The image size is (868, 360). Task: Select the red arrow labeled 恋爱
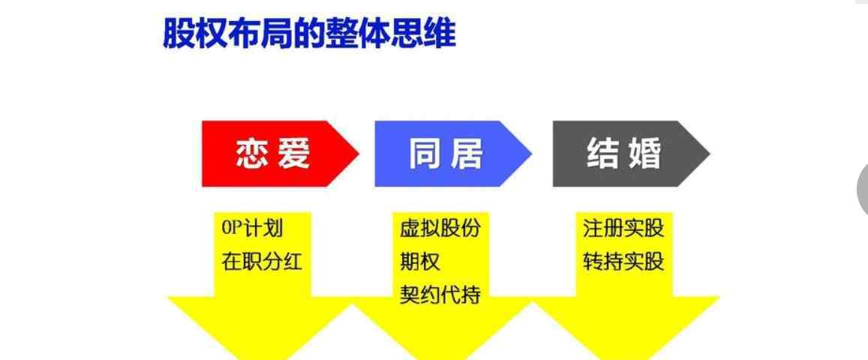click(x=280, y=154)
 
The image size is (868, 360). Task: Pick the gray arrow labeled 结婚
click(x=631, y=154)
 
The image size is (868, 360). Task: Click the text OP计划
click(x=252, y=228)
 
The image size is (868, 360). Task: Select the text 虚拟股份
click(x=440, y=228)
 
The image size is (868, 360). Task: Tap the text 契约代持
click(x=440, y=295)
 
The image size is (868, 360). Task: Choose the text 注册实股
click(x=623, y=228)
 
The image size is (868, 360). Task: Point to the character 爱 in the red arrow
click(x=293, y=154)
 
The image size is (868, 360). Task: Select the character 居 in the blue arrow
click(x=466, y=154)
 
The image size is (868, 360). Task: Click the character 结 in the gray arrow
click(x=603, y=154)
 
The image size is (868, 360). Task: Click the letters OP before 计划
click(x=232, y=228)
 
